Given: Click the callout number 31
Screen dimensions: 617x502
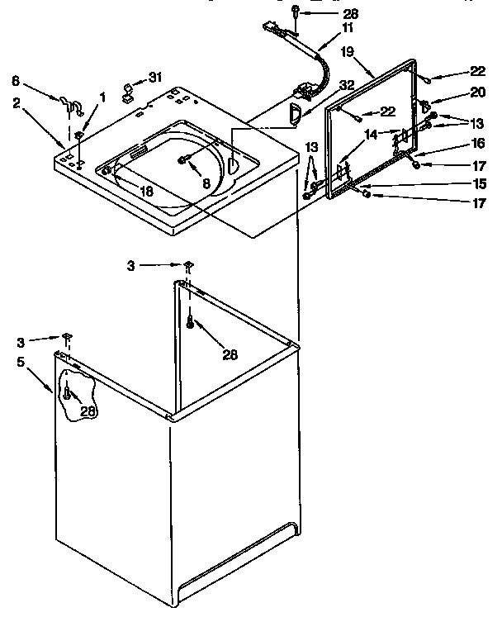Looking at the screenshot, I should point(154,78).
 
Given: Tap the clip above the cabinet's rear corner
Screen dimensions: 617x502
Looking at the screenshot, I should point(188,265).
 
